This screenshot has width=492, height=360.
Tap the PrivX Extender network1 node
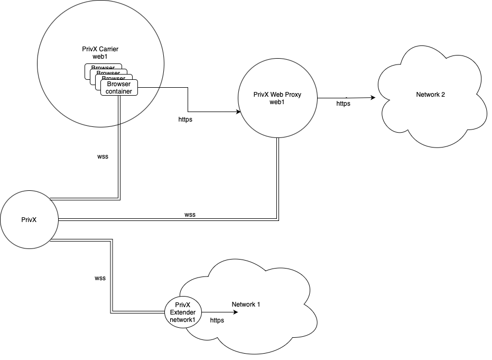[x=182, y=312]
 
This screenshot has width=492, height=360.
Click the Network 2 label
[x=431, y=95]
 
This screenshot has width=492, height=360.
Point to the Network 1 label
[x=246, y=304]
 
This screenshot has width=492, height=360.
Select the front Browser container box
[x=119, y=88]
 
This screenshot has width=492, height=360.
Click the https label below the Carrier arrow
[x=185, y=120]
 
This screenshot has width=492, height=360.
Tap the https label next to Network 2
[x=343, y=104]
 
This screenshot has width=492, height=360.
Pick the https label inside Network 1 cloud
[x=217, y=320]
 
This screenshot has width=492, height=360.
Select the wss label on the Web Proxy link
[x=190, y=215]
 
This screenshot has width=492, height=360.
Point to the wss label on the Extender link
[x=100, y=278]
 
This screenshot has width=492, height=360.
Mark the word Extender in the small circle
[x=182, y=312]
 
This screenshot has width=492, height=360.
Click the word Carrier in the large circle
[x=108, y=49]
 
